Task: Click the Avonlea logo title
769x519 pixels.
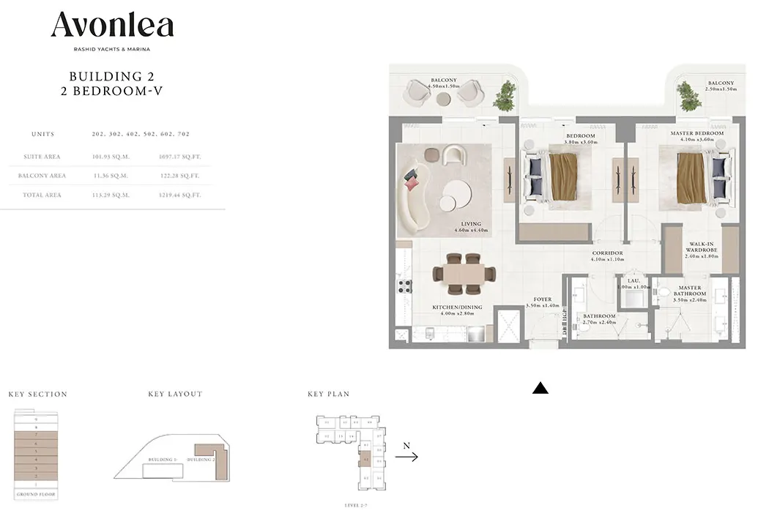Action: click(x=112, y=26)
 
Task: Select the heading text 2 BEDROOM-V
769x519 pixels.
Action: click(x=111, y=92)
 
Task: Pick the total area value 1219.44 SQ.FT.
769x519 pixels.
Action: click(x=179, y=195)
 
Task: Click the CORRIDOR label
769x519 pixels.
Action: click(x=607, y=253)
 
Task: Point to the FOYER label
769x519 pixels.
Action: click(x=542, y=299)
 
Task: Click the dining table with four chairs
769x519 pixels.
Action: click(x=458, y=270)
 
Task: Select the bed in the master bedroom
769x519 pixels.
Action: click(x=695, y=177)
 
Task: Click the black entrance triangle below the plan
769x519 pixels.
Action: click(x=540, y=389)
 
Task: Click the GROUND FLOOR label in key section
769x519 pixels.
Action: click(x=34, y=495)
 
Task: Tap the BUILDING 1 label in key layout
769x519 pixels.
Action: click(x=162, y=460)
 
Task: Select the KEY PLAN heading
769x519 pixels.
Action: click(x=328, y=394)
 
